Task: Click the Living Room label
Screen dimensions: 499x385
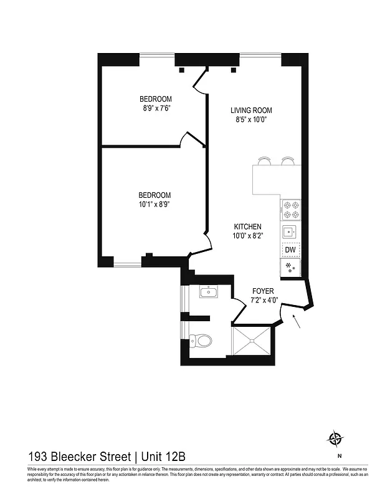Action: (x=251, y=110)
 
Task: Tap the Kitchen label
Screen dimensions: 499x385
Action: (x=247, y=226)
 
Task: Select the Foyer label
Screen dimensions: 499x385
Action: (x=262, y=291)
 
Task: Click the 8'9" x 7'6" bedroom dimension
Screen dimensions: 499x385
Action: (x=156, y=108)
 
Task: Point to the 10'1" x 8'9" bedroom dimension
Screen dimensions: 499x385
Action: (x=155, y=204)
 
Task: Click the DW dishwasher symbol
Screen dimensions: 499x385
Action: (x=290, y=250)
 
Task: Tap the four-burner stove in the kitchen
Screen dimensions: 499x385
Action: (x=290, y=210)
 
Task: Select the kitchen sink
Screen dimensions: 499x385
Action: (x=289, y=232)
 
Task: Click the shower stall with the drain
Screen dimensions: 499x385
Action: (x=252, y=341)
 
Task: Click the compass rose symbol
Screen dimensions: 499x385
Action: (x=336, y=438)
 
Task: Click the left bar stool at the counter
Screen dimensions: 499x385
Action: (x=264, y=161)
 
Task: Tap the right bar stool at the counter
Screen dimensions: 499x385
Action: (x=287, y=161)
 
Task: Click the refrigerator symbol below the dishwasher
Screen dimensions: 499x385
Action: (x=290, y=268)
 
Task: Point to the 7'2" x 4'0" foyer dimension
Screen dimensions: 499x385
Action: (x=262, y=300)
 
